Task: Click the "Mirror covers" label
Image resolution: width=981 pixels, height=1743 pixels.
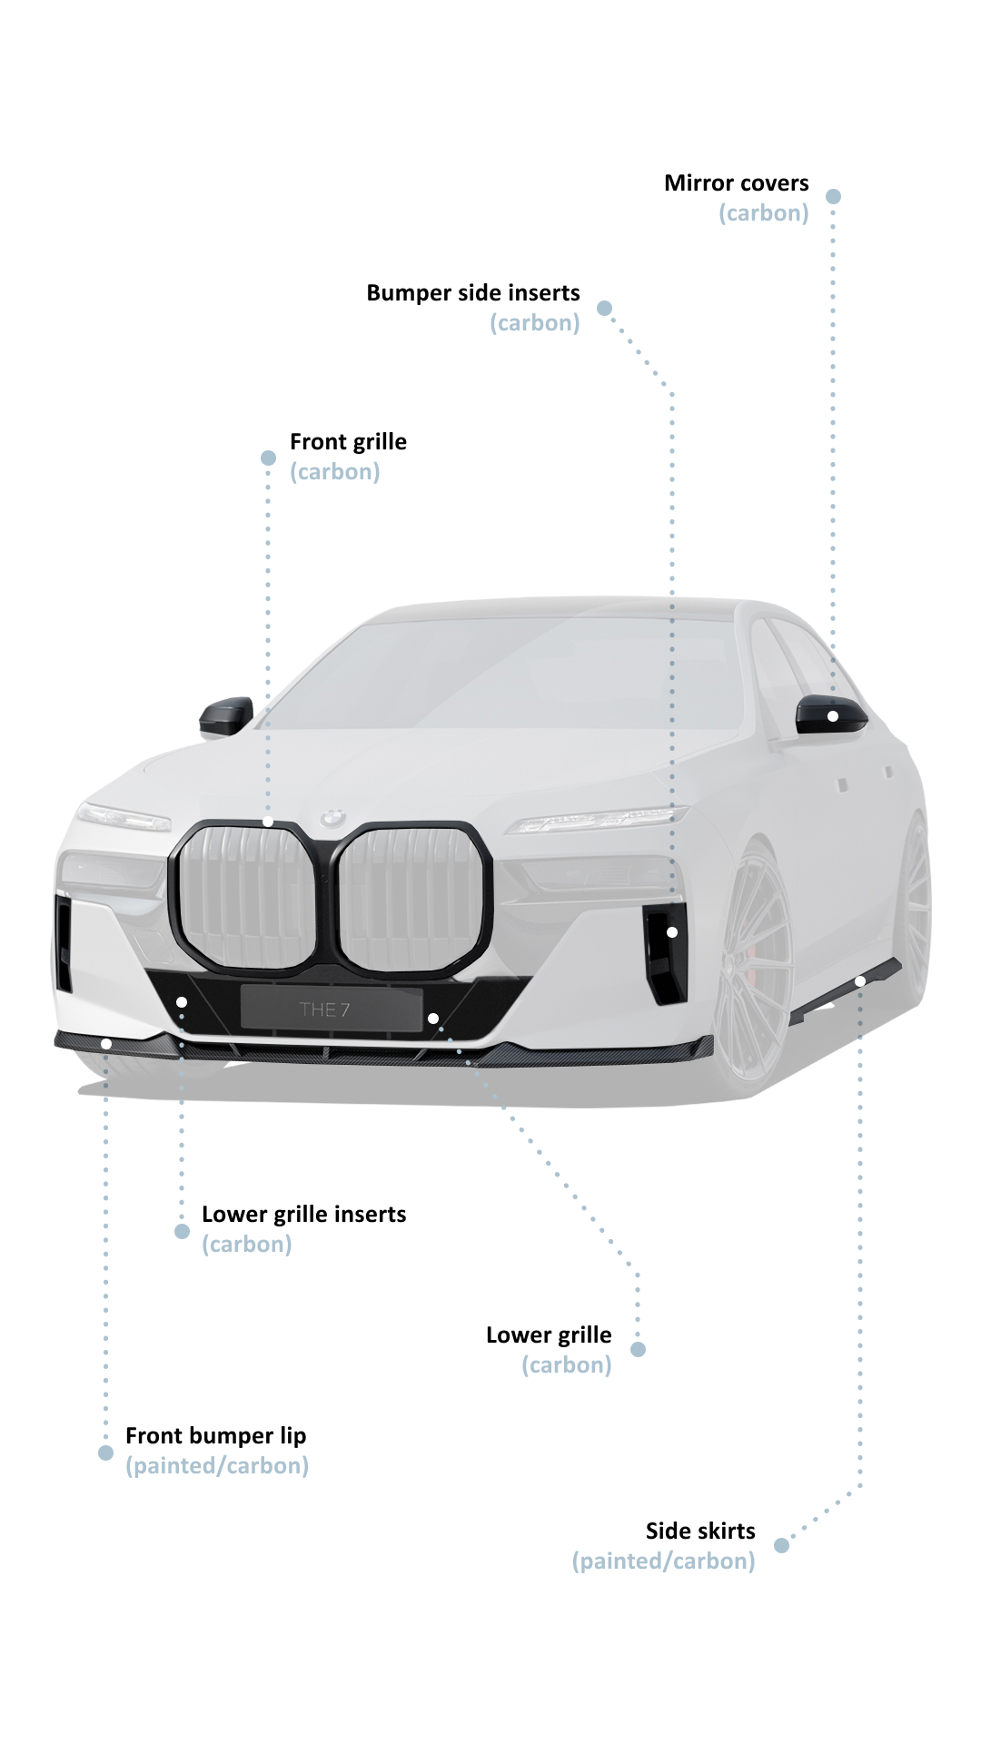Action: tap(736, 183)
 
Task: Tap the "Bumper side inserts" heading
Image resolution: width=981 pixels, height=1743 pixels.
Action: tap(473, 293)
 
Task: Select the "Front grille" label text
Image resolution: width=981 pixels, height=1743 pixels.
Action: tap(348, 442)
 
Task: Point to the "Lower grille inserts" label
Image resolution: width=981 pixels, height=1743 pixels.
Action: tap(303, 1215)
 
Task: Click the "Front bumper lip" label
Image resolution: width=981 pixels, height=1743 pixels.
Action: tap(215, 1436)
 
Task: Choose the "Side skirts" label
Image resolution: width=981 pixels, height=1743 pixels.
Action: tap(700, 1531)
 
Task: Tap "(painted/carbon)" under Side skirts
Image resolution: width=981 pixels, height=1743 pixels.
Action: tap(663, 1561)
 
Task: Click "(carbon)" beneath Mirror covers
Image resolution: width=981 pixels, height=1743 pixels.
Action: tap(763, 213)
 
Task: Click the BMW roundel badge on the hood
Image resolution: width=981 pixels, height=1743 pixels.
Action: tap(333, 817)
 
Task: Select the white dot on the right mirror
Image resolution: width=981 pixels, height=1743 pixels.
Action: tap(833, 716)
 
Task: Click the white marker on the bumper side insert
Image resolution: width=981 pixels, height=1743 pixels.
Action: tap(672, 932)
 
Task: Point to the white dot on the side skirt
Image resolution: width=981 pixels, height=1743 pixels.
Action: tap(860, 981)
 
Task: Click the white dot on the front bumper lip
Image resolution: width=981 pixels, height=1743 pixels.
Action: tap(106, 1044)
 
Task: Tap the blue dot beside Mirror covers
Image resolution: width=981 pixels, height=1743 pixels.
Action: tap(833, 196)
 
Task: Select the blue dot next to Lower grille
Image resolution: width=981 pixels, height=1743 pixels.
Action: tap(638, 1349)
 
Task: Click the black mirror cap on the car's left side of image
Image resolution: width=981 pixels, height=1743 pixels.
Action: tap(225, 715)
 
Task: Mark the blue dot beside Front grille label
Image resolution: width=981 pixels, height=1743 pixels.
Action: tap(268, 458)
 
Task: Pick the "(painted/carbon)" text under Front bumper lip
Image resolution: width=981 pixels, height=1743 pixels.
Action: tap(217, 1466)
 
